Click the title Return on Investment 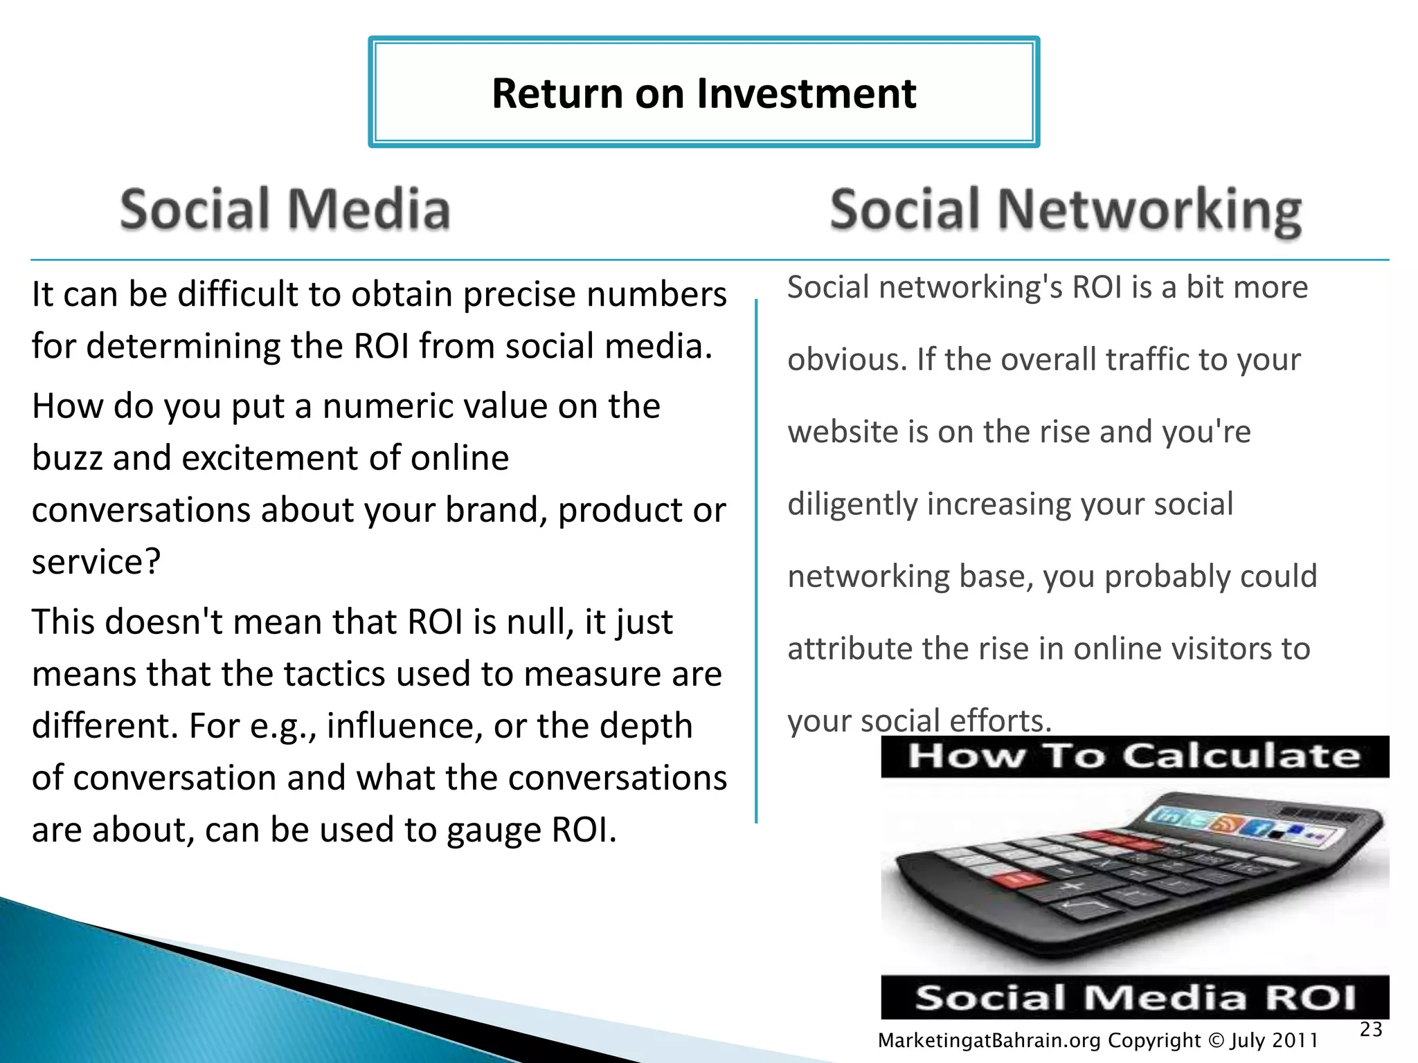tap(703, 93)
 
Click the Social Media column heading tap(285, 209)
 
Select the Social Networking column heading tap(1066, 210)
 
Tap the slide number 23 tap(1370, 1029)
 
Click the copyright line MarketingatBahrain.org tap(1097, 1040)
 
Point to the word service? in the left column tap(96, 561)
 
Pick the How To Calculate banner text tap(1134, 756)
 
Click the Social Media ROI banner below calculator tap(1134, 997)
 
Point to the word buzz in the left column tap(66, 458)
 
